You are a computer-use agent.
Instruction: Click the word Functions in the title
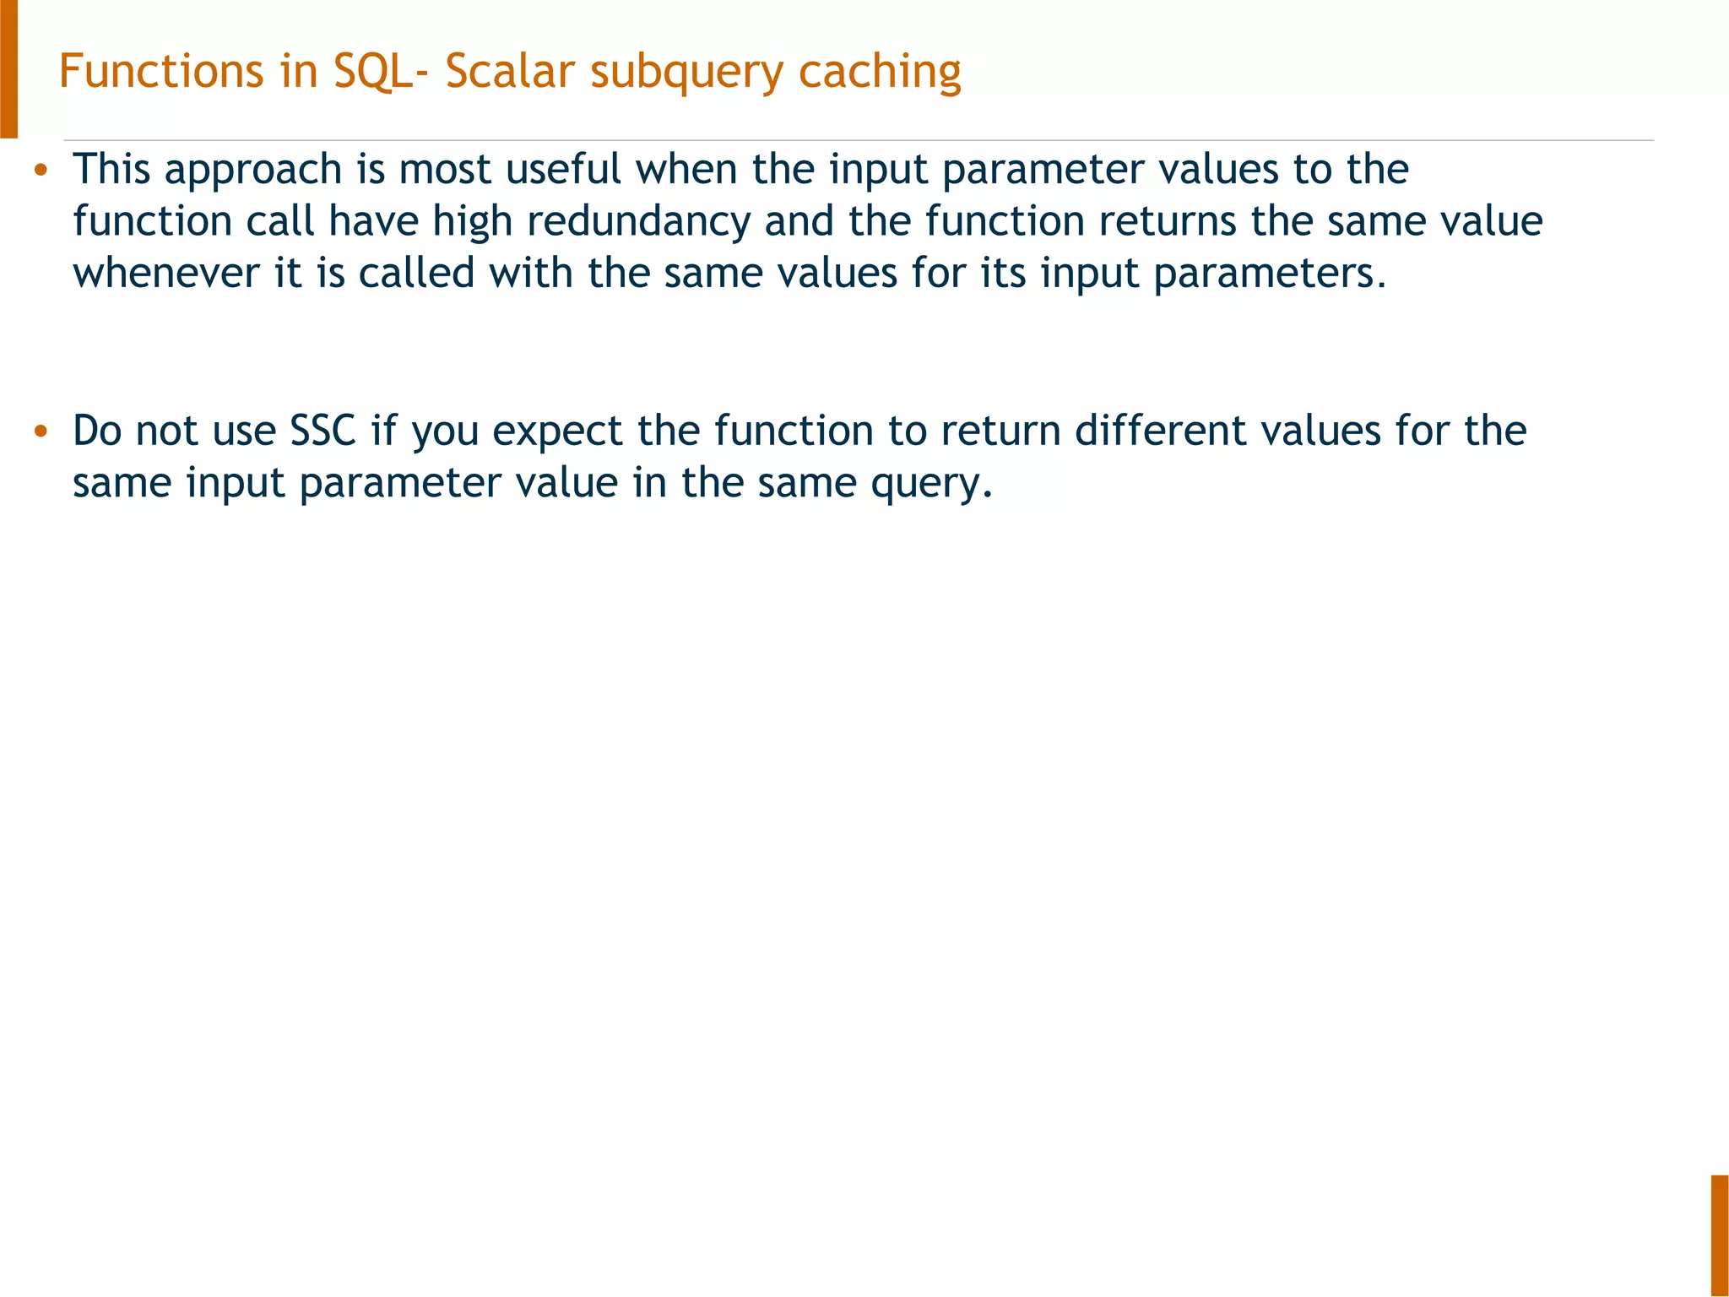(160, 72)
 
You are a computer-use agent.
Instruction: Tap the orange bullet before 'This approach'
(40, 171)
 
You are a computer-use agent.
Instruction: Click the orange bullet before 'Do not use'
(40, 432)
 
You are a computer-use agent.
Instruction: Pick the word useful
(563, 169)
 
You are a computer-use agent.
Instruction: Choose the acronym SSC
(323, 431)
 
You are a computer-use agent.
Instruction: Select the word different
(1160, 431)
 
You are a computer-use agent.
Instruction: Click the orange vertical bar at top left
(8, 68)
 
